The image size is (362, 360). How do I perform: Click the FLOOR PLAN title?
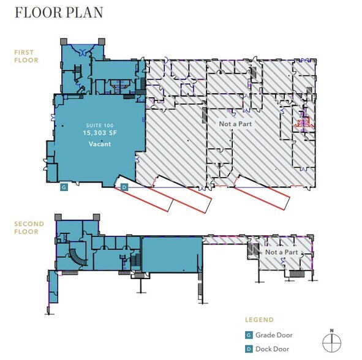click(x=59, y=12)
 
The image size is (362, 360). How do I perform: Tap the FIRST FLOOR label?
click(x=26, y=56)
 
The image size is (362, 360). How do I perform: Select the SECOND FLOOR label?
click(x=29, y=228)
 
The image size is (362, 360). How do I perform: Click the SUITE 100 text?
click(x=100, y=126)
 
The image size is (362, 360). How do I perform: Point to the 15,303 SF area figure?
click(x=100, y=133)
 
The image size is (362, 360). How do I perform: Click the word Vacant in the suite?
click(x=100, y=144)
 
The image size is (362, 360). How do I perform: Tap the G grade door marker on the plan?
click(x=64, y=187)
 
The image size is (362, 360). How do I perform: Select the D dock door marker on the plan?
click(x=124, y=187)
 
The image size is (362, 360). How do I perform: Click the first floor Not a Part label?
click(x=235, y=124)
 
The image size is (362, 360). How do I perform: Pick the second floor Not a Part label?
click(x=282, y=252)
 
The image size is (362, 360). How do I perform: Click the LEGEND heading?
click(x=259, y=320)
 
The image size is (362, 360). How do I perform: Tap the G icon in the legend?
click(x=249, y=335)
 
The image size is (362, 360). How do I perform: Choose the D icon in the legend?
click(x=249, y=349)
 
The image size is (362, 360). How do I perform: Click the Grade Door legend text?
click(x=274, y=335)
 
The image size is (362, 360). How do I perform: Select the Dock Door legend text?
click(x=272, y=349)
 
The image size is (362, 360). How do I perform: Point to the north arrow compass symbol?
click(x=332, y=342)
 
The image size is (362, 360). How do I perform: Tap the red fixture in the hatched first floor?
click(x=304, y=122)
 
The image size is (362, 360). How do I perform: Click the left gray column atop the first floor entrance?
click(x=64, y=42)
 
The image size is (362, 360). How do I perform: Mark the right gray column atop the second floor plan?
click(x=96, y=217)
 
